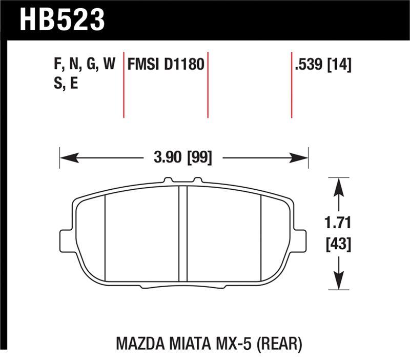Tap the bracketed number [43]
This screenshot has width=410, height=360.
pos(338,244)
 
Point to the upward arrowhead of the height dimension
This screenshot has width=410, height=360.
pos(338,186)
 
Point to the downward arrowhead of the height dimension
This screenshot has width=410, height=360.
pos(338,283)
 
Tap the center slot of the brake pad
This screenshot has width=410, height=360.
pos(182,233)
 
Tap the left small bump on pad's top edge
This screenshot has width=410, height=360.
pos(167,181)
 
